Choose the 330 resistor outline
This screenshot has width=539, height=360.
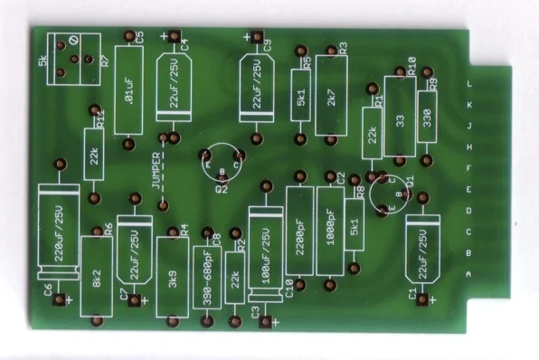coord(426,119)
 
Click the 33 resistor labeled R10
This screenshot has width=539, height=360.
coord(399,119)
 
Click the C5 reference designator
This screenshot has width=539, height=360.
coord(139,37)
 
